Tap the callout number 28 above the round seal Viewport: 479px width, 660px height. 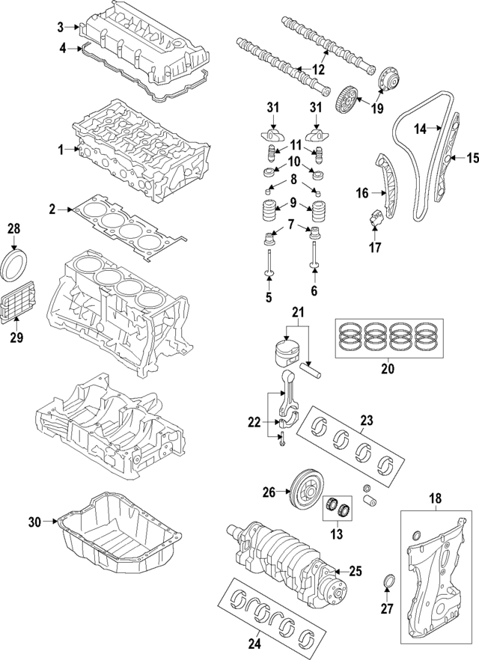point(14,227)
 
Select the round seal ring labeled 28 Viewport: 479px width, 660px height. point(16,264)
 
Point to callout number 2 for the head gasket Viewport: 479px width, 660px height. point(52,210)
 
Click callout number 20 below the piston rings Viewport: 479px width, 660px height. point(387,368)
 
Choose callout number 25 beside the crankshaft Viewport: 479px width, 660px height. point(356,571)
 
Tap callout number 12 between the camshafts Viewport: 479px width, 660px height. point(319,70)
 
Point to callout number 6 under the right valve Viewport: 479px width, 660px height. point(314,290)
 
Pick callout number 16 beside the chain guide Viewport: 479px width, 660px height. point(361,193)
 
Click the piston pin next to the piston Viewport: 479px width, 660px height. point(311,367)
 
